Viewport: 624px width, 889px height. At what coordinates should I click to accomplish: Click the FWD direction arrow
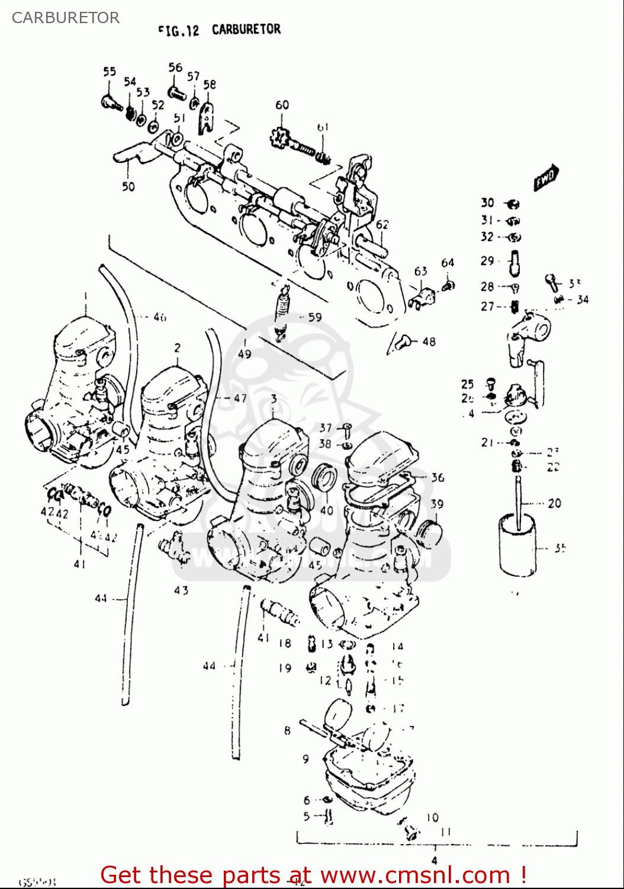tap(545, 177)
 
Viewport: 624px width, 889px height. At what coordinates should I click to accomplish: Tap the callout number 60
tap(282, 105)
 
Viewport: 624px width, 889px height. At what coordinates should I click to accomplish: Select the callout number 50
tap(128, 186)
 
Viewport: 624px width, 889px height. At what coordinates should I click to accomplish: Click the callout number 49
tap(245, 354)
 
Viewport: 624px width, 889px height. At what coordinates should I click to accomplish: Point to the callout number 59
tap(315, 317)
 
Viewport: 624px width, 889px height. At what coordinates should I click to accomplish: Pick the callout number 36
tap(437, 477)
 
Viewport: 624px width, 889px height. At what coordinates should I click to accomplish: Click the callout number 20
tap(554, 503)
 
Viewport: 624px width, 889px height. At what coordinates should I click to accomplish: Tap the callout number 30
tap(487, 203)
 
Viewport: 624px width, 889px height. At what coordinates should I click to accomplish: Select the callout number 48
tap(429, 341)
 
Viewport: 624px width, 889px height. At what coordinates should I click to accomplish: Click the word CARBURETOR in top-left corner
tap(66, 18)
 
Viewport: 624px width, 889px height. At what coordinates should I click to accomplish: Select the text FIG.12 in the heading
tap(178, 30)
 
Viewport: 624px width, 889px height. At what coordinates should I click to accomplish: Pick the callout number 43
tap(181, 590)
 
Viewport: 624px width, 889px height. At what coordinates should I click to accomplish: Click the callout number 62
tap(382, 224)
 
